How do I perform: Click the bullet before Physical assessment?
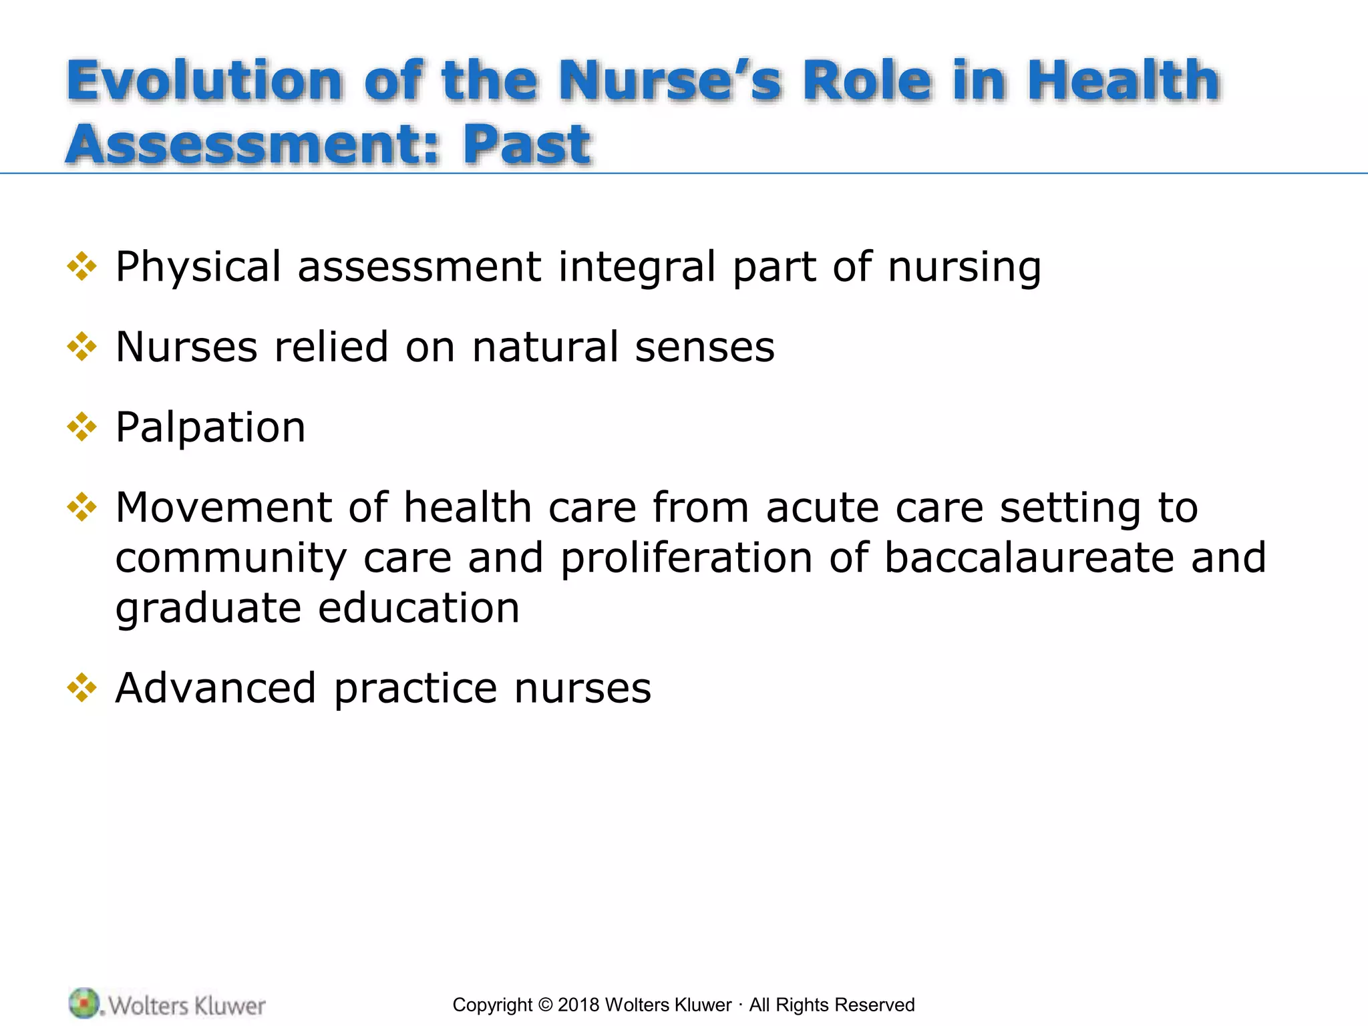[x=82, y=267]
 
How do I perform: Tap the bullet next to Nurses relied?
[x=82, y=347]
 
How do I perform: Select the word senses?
[x=705, y=347]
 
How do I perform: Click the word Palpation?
[x=210, y=427]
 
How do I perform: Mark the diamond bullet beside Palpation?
[x=82, y=427]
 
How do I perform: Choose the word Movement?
[x=224, y=507]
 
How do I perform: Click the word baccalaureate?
[x=1029, y=558]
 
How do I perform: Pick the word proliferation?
[x=686, y=558]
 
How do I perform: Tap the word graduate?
[x=208, y=608]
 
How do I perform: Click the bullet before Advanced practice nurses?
[x=82, y=688]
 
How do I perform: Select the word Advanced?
[x=216, y=688]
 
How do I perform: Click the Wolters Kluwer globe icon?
[x=84, y=1003]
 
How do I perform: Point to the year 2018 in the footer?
[x=578, y=1005]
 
